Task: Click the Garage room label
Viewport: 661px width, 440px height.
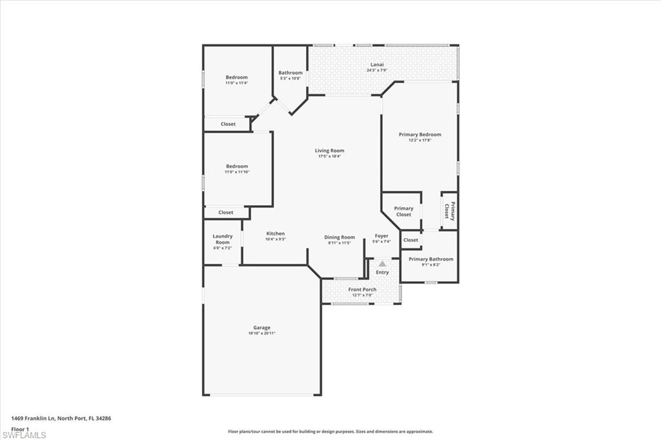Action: (261, 328)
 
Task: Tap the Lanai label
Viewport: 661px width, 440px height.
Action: (377, 65)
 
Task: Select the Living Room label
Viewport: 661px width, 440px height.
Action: (329, 150)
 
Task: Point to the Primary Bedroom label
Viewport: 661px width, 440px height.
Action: (420, 134)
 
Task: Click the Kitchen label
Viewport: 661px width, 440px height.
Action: (276, 234)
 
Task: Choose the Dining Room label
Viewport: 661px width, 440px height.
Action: (340, 237)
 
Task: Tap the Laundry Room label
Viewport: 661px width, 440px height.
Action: (223, 239)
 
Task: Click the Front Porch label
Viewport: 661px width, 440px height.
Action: (362, 290)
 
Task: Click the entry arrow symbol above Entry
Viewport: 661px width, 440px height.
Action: (382, 264)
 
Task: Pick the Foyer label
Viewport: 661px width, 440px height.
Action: (381, 236)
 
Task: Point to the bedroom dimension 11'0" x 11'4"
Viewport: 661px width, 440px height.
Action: (236, 83)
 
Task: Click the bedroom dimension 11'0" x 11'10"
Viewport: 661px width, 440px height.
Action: (236, 172)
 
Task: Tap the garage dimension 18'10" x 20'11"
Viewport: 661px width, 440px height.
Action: (261, 334)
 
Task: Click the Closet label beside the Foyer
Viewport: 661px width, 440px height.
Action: (411, 240)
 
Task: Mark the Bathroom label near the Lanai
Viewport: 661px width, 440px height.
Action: (290, 73)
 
